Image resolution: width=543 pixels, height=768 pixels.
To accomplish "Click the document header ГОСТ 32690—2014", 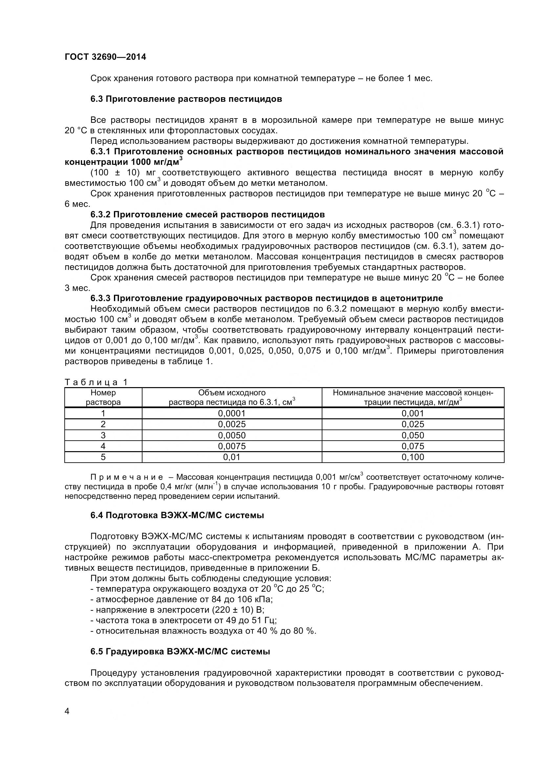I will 105,57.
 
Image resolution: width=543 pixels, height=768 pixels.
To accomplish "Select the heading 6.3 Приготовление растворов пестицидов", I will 186,99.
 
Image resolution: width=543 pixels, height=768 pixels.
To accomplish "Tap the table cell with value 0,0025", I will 232,424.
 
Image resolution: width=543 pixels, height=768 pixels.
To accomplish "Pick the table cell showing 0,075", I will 413,446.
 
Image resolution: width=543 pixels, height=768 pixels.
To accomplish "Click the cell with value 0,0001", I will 232,413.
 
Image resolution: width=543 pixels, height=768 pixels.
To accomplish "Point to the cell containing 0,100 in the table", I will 413,457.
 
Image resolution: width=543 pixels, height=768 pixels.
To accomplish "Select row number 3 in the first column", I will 103,435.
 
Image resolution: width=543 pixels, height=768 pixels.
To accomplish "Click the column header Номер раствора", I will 103,397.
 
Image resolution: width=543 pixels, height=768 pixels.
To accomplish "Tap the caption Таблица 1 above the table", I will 96,382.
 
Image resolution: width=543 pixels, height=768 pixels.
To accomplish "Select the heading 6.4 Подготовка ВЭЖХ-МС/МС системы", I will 177,516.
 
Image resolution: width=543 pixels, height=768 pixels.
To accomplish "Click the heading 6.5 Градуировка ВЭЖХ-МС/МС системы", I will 180,651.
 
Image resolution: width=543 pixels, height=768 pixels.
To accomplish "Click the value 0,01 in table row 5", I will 232,457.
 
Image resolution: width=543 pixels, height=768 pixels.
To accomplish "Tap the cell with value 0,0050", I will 232,435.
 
